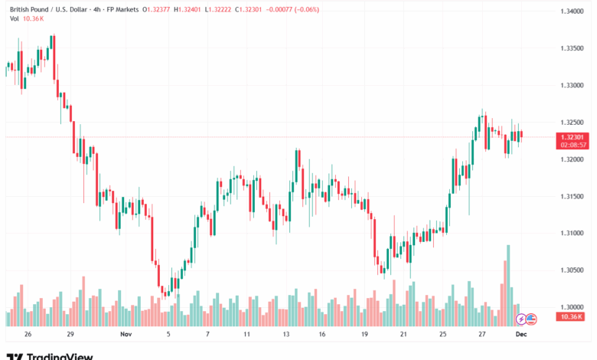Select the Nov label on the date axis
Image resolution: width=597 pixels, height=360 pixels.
point(126,335)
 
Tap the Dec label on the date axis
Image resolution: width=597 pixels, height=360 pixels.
point(521,335)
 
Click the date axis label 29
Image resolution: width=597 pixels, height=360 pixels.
point(70,335)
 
